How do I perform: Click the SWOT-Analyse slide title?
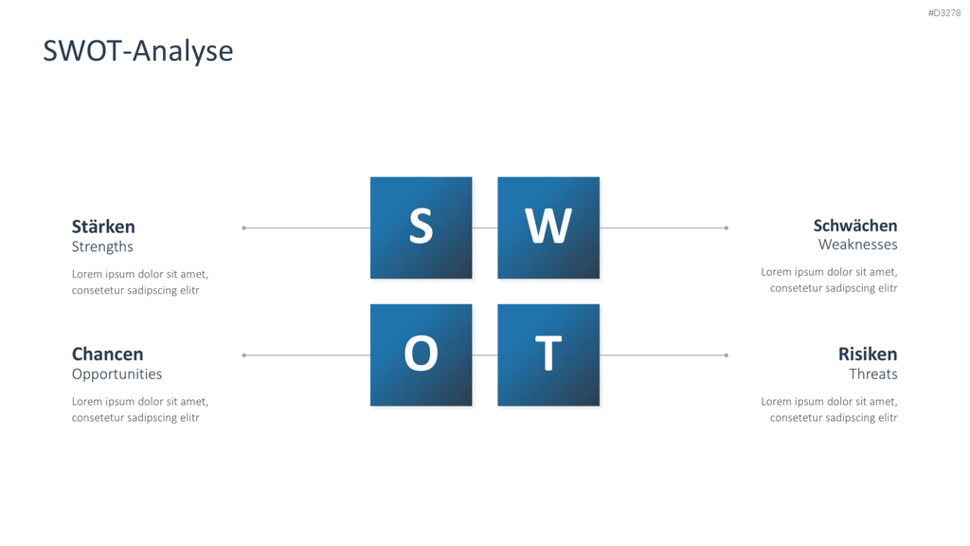pos(138,51)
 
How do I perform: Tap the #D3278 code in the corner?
pos(944,13)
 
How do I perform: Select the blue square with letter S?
pos(422,227)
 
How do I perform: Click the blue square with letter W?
pos(548,227)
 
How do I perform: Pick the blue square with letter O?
pos(422,355)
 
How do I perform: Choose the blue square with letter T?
pos(548,355)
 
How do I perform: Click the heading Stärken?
pos(103,226)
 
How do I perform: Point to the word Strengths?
pos(102,246)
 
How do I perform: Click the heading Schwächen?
pos(855,226)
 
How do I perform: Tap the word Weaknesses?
pos(858,245)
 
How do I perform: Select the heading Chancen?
pos(108,355)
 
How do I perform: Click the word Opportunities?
pos(117,373)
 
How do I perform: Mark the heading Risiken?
pos(868,355)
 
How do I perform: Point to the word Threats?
pos(873,373)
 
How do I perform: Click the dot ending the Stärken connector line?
pos(243,227)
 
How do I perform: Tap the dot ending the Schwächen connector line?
pos(727,227)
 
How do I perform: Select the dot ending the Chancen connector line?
pos(243,355)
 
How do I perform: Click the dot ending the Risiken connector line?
pos(727,355)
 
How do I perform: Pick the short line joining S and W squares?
pos(485,227)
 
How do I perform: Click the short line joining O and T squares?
pos(485,355)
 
